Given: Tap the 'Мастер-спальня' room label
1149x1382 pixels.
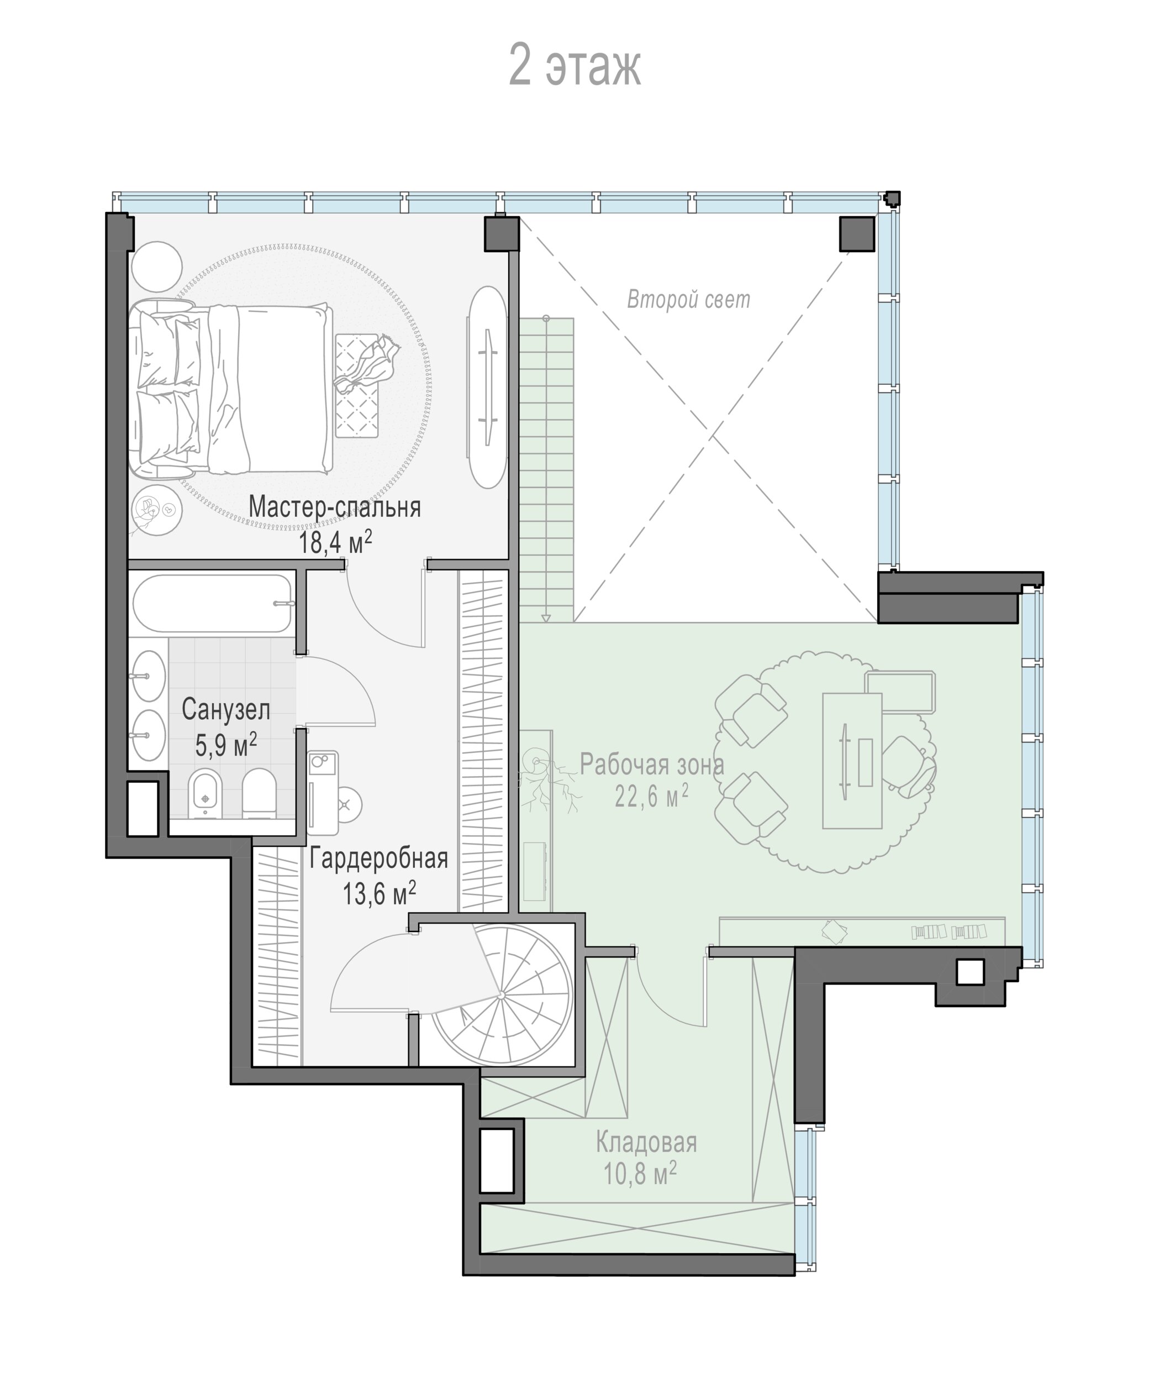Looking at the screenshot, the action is pos(334,507).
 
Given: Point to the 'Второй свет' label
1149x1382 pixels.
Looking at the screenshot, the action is pos(688,300).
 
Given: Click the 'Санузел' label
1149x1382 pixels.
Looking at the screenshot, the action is pos(225,709).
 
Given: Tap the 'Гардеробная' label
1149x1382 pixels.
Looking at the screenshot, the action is pos(379,858).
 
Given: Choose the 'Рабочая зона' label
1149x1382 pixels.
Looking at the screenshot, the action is pos(652,764).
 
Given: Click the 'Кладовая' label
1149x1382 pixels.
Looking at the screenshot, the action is pos(646,1142).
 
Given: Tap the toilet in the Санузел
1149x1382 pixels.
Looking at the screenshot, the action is pos(259,794).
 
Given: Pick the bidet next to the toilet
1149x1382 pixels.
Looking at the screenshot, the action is pos(205,794).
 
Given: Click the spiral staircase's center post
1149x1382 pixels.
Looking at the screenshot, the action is pos(500,995).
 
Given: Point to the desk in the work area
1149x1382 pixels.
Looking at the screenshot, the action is pos(852,760).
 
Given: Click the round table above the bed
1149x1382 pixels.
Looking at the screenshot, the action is pos(156,266).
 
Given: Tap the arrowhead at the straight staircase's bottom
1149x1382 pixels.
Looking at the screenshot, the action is pos(545,618).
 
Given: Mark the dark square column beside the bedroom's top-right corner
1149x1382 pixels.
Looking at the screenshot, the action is pos(502,234).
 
